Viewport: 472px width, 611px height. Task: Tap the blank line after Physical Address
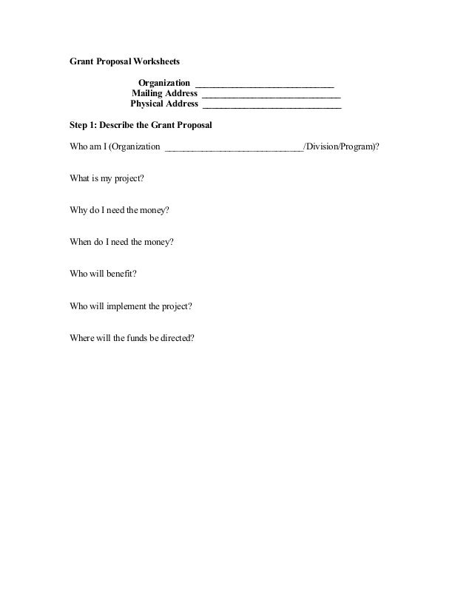click(272, 107)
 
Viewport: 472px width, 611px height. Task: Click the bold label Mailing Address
click(164, 94)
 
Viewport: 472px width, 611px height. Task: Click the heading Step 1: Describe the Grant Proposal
click(141, 126)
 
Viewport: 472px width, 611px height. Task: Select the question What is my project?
click(107, 179)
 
